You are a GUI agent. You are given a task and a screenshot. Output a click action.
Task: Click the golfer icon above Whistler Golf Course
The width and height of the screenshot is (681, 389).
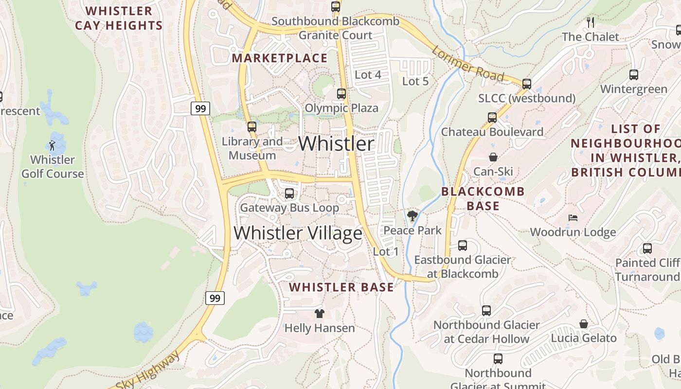(52, 145)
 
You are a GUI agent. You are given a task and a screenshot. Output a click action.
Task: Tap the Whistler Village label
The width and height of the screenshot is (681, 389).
(298, 233)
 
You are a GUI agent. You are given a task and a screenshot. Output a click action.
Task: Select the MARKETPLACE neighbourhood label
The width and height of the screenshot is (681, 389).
(280, 58)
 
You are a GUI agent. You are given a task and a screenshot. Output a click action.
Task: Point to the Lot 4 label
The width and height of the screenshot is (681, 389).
(368, 75)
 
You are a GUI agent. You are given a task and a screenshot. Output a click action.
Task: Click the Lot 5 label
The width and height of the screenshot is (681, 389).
(415, 81)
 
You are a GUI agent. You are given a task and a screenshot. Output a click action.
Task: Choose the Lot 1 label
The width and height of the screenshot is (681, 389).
(386, 251)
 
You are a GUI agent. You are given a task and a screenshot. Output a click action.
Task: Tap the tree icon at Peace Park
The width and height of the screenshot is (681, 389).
(412, 215)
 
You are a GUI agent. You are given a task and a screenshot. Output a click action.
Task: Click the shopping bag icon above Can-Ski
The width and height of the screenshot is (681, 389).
(493, 157)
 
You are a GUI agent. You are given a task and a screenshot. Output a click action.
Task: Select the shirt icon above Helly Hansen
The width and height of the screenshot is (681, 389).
(319, 313)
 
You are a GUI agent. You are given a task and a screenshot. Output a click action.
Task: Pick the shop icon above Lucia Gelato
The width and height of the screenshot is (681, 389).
(584, 324)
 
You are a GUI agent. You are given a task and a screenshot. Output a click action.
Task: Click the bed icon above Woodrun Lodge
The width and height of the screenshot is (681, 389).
(573, 217)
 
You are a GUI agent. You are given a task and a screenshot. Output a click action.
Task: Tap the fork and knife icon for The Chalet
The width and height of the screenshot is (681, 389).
(590, 22)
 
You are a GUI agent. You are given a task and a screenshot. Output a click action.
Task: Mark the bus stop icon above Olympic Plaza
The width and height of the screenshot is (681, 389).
(341, 93)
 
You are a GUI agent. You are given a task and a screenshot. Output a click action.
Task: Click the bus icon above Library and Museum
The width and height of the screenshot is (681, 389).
(251, 126)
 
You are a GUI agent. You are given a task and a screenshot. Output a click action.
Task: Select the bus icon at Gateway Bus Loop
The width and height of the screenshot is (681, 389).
(289, 193)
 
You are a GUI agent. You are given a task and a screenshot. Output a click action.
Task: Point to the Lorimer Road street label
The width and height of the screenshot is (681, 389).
(467, 63)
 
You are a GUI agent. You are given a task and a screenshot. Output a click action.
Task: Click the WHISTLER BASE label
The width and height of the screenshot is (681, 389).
(341, 287)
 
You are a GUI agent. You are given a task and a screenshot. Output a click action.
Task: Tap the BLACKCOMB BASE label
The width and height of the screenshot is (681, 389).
(483, 198)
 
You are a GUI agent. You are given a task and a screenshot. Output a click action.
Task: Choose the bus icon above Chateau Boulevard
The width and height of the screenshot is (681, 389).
(492, 117)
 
